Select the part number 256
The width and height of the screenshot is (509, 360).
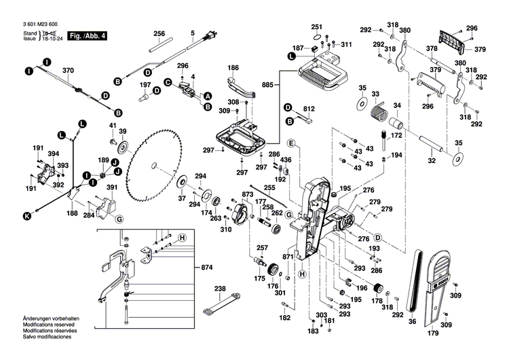click(159, 33)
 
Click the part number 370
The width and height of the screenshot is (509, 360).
click(68, 71)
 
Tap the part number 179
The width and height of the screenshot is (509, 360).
click(433, 334)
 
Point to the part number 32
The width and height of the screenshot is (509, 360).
click(431, 161)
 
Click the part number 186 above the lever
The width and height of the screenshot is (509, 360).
click(233, 68)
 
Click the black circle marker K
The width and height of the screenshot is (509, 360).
click(27, 216)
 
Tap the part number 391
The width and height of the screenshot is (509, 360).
click(112, 188)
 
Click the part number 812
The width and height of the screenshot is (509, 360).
click(309, 109)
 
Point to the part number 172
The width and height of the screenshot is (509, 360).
click(396, 136)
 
